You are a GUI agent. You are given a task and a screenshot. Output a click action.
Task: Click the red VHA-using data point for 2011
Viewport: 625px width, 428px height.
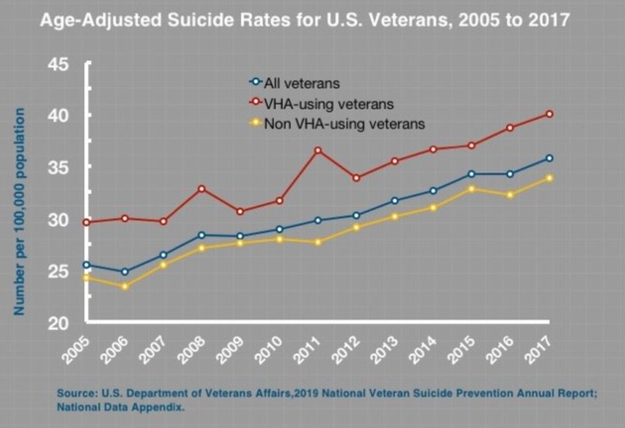coord(318,150)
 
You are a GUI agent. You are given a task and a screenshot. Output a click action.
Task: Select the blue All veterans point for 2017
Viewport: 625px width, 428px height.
coord(549,158)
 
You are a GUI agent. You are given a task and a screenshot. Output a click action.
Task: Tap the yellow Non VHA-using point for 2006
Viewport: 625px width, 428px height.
coord(125,286)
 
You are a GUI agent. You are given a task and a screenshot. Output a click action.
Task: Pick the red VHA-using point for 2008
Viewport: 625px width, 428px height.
coord(202,189)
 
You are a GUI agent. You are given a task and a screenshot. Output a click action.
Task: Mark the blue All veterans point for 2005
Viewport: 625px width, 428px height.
coord(87,265)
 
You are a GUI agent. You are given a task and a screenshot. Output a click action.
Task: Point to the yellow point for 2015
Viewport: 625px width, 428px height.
coord(472,189)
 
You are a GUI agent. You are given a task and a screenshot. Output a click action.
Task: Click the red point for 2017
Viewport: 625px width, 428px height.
coord(549,114)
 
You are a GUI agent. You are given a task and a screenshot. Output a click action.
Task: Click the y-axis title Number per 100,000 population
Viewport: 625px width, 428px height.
coord(20,211)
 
